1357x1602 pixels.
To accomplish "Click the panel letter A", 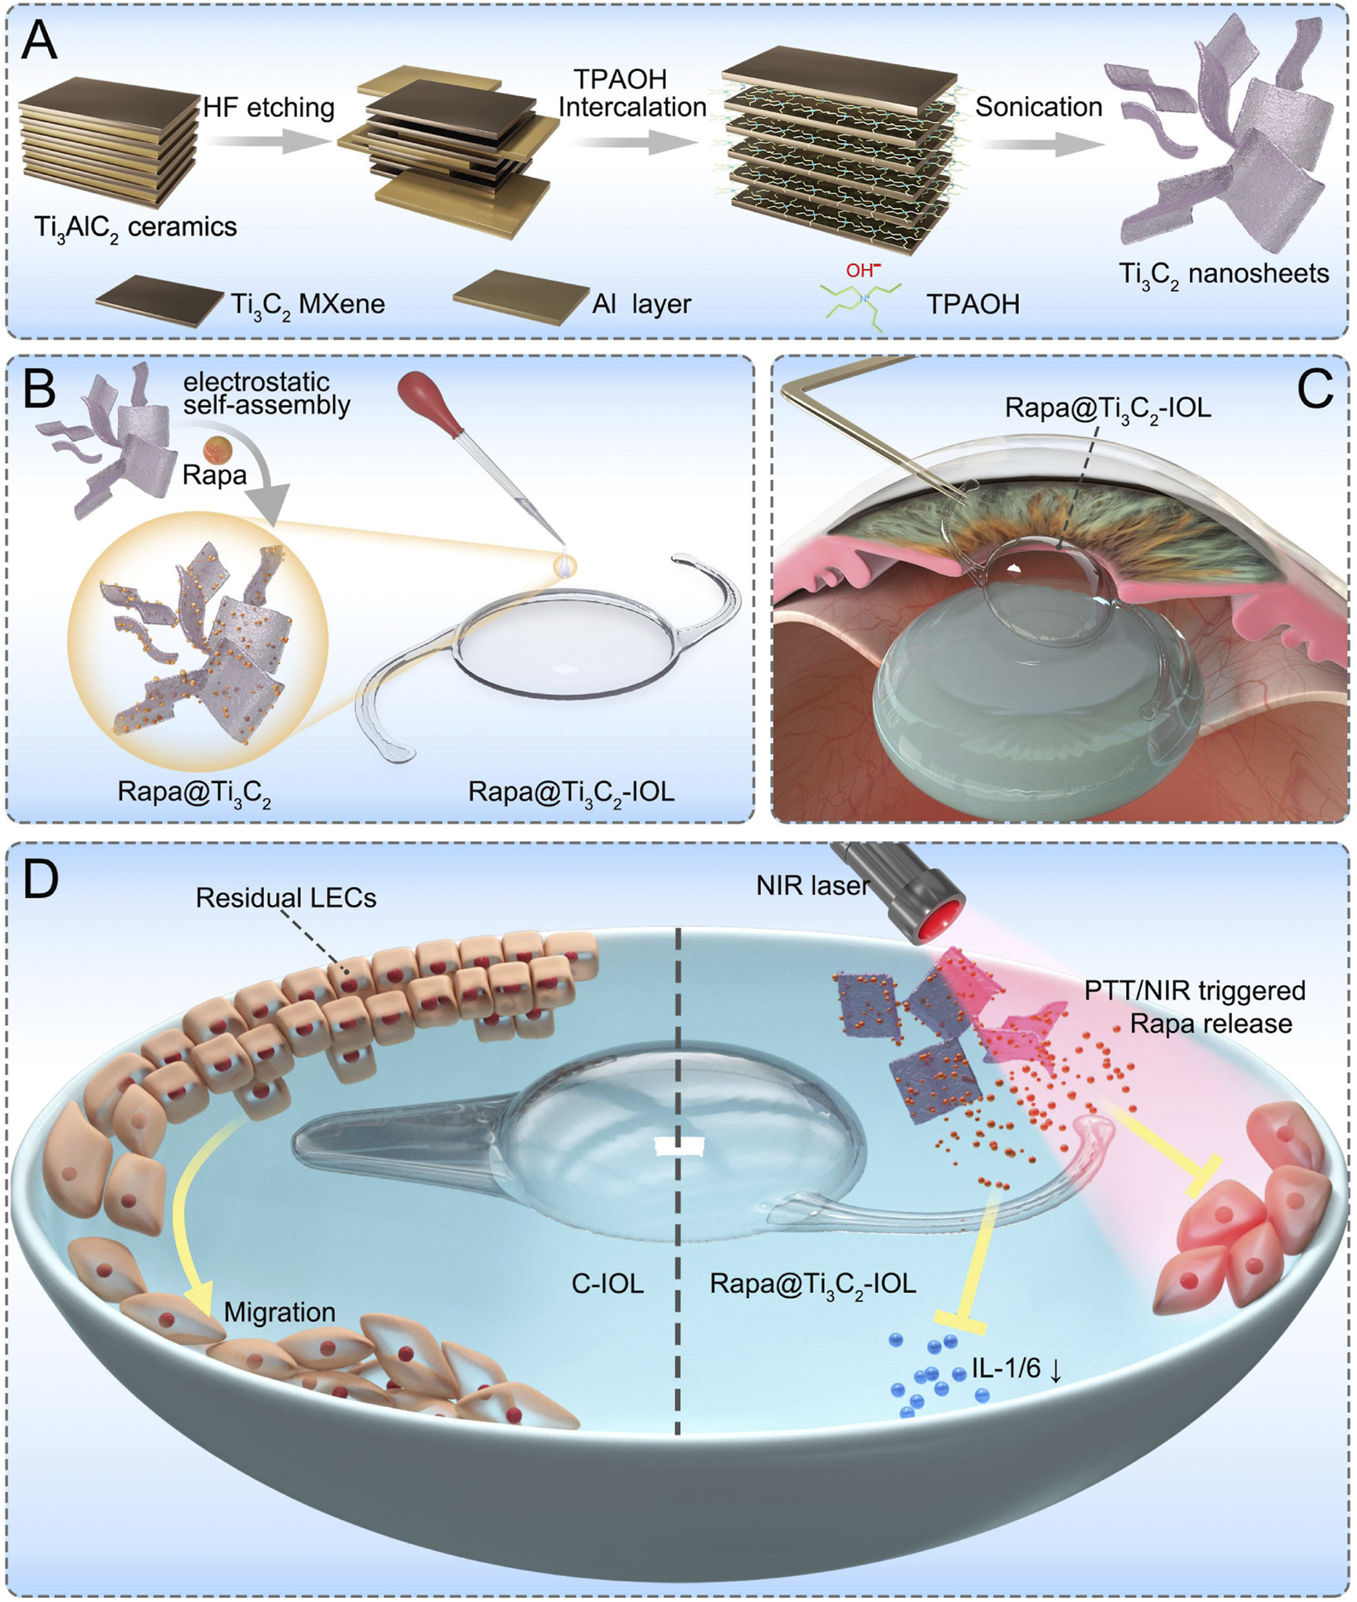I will [x=39, y=41].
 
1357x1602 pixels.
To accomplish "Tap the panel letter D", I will [x=41, y=880].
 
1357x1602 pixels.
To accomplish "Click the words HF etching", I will [x=268, y=107].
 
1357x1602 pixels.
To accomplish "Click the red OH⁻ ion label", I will [x=862, y=270].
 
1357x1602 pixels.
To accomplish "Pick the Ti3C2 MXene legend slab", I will [x=159, y=299].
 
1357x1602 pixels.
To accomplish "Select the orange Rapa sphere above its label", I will [x=215, y=450].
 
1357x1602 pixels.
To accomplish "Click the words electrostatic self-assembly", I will [x=267, y=393].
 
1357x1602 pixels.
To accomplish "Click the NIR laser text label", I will [x=812, y=886].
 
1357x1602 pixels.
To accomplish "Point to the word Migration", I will [x=279, y=1312].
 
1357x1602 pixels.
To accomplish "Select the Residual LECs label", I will [x=286, y=898].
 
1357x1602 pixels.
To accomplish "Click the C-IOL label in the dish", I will [x=607, y=1284].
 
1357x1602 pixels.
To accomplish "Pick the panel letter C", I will [x=1315, y=388].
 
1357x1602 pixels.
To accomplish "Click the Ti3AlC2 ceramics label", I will [x=135, y=228].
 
